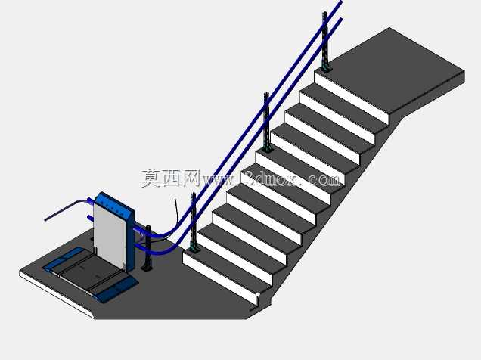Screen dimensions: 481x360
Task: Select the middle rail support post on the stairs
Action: [267, 122]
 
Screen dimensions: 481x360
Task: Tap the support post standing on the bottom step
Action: [194, 222]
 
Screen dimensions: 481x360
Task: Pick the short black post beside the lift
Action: [148, 248]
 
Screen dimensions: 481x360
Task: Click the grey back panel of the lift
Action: [110, 234]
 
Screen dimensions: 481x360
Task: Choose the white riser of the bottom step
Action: [219, 277]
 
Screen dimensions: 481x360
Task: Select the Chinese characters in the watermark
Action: [171, 178]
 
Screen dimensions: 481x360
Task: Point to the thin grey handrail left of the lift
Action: [65, 209]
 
